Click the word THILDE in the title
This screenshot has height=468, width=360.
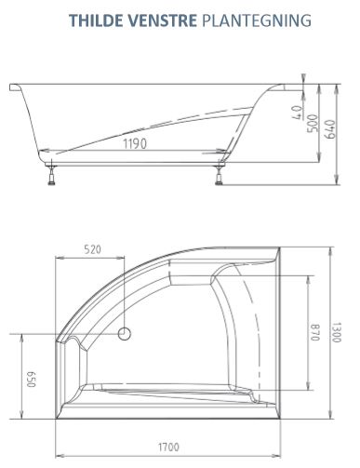[x=97, y=20]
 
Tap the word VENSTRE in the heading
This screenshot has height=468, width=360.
[x=162, y=20]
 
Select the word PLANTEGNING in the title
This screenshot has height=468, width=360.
[x=257, y=20]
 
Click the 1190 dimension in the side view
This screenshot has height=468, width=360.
[x=135, y=144]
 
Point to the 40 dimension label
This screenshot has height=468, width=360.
[x=296, y=113]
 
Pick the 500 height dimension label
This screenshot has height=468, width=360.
[x=313, y=123]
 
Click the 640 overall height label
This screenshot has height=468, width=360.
[x=330, y=129]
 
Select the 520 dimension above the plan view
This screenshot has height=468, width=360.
[x=92, y=249]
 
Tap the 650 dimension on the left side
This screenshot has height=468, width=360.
[x=31, y=379]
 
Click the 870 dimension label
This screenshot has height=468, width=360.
[x=314, y=332]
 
